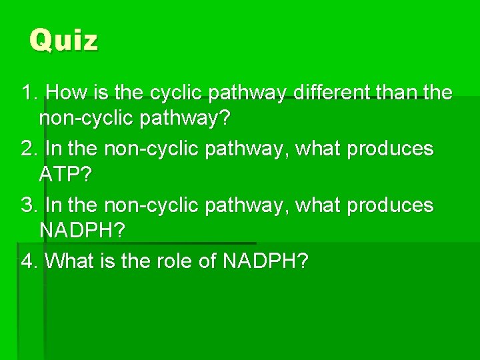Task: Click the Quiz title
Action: coord(64,41)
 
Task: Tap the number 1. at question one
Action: coord(30,92)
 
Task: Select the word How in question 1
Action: coord(66,92)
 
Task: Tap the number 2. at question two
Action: coord(30,149)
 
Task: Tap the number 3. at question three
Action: coord(30,205)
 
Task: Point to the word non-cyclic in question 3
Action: coord(137,205)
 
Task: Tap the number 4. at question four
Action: coord(30,261)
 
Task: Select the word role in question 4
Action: coord(172,261)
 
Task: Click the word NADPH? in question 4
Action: coord(265,261)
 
